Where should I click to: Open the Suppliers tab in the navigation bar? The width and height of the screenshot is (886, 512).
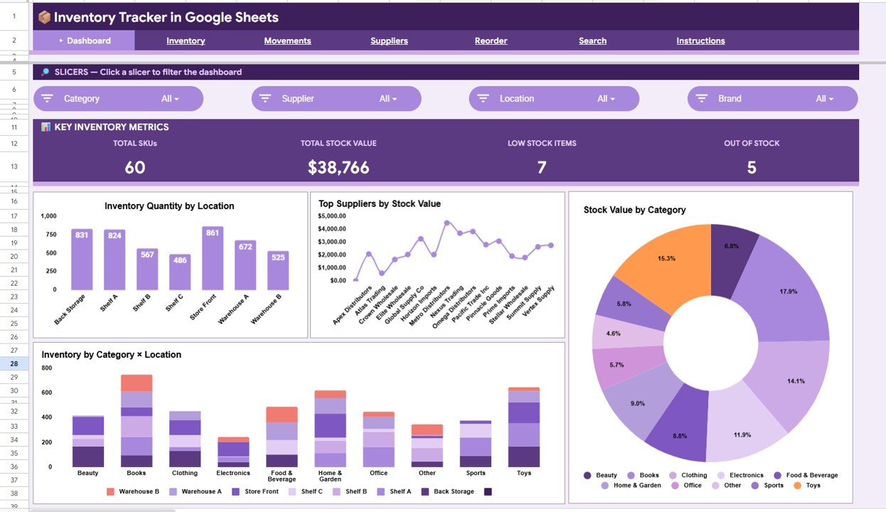389,41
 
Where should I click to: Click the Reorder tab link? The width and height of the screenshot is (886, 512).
491,41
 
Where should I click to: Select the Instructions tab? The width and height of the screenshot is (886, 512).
700,41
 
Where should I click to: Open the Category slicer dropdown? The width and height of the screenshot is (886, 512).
118,99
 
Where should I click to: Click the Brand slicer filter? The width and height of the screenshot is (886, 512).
772,99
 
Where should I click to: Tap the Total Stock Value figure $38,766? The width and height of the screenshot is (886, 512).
338,167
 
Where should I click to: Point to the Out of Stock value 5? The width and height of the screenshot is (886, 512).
752,167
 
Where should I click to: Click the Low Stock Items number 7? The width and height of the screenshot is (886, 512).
542,167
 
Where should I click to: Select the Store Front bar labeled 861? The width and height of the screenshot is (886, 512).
213,258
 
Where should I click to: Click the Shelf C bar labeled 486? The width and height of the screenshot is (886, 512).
180,272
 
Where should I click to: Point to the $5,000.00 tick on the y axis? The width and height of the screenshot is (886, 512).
332,216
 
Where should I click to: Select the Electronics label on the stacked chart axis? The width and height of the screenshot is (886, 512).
233,473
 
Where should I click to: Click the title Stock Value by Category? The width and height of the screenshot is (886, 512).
634,210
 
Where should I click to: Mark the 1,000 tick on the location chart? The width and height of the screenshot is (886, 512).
48,216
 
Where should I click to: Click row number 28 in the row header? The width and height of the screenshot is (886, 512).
14,363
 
